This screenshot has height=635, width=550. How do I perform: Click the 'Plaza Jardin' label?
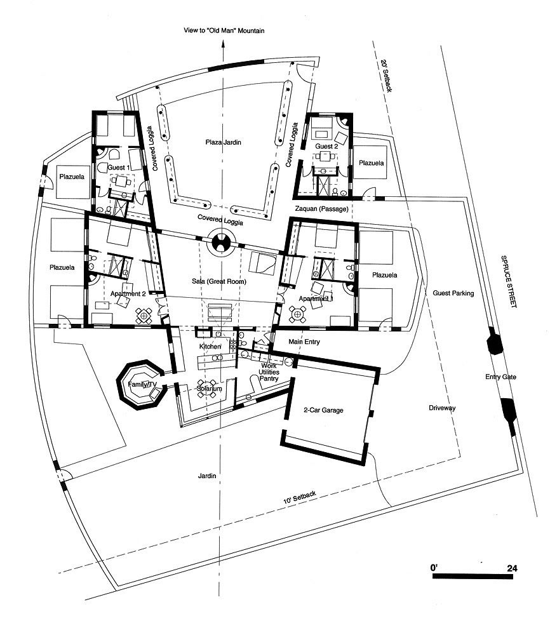223,142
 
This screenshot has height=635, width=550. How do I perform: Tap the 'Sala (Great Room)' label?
219,281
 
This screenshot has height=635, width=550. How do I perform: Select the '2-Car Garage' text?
323,410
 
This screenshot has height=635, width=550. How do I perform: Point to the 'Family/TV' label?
142,384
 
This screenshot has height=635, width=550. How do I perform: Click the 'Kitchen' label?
210,347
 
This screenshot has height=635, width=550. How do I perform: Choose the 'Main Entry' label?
304,342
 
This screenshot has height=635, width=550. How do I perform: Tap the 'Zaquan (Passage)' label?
321,209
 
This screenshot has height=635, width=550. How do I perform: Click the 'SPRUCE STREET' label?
509,281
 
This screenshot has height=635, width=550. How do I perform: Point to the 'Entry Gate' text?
500,377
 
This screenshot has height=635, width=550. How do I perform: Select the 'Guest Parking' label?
453,293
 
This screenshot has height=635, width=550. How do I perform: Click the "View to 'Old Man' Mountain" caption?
224,30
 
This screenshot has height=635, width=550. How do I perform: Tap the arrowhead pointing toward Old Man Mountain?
222,45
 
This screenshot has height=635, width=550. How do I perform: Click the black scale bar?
473,576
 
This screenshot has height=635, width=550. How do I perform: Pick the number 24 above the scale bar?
512,568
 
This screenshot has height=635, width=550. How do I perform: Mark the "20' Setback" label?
386,76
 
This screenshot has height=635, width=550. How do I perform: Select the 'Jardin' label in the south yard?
207,476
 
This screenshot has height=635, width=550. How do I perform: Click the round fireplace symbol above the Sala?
222,242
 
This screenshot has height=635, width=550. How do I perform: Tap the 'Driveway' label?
442,408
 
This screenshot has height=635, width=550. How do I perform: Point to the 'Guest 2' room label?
326,146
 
